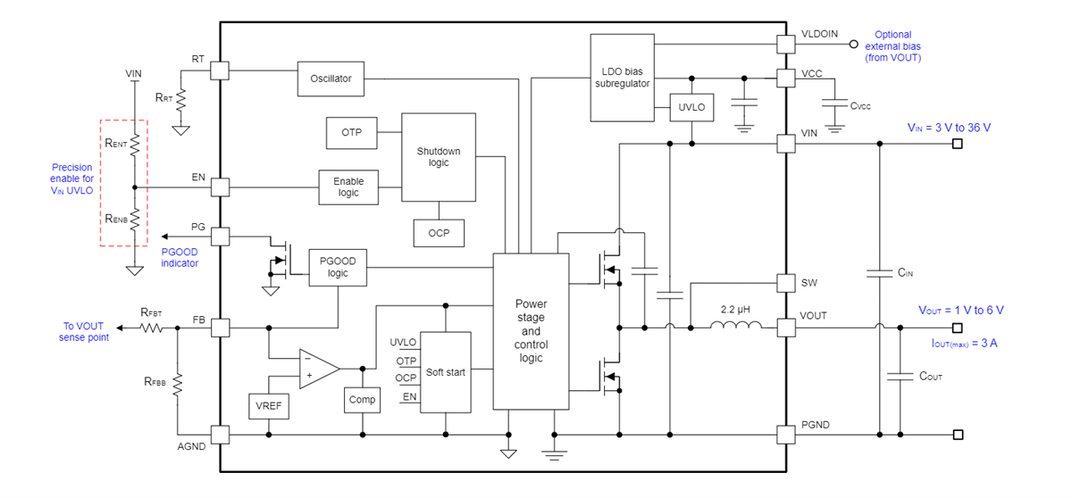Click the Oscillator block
(x=331, y=79)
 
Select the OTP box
(x=351, y=132)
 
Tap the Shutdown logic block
(x=439, y=157)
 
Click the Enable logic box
(x=348, y=187)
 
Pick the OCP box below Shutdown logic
(x=439, y=233)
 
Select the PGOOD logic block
(x=338, y=267)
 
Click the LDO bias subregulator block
(x=623, y=78)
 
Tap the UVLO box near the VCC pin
(x=691, y=108)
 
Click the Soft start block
(x=445, y=371)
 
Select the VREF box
(x=268, y=405)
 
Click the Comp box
(x=362, y=400)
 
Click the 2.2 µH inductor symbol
(x=736, y=327)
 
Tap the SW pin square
(x=785, y=282)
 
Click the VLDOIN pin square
(x=785, y=43)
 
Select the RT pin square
(x=220, y=69)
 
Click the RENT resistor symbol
(x=134, y=144)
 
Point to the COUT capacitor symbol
(x=895, y=377)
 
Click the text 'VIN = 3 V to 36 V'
(x=948, y=128)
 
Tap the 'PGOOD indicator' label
(x=180, y=257)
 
